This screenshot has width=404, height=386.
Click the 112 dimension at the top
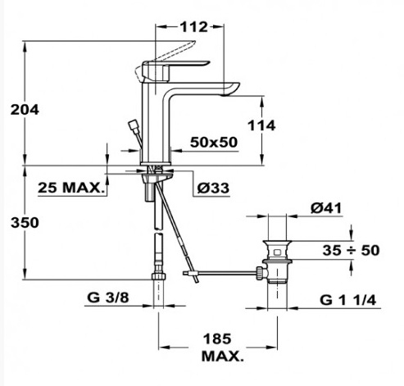(x=193, y=27)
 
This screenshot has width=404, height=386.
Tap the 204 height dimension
(x=25, y=110)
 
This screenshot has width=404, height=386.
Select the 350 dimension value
(x=25, y=223)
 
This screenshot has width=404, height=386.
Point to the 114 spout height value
(x=261, y=125)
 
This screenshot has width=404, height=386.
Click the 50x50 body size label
(x=214, y=143)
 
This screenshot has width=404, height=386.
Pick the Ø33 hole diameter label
(x=213, y=188)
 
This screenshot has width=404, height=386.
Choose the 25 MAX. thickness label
(x=71, y=188)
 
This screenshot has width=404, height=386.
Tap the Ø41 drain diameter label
(x=326, y=208)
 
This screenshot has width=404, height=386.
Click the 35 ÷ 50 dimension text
(x=351, y=250)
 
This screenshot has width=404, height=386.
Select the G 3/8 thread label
(x=107, y=297)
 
